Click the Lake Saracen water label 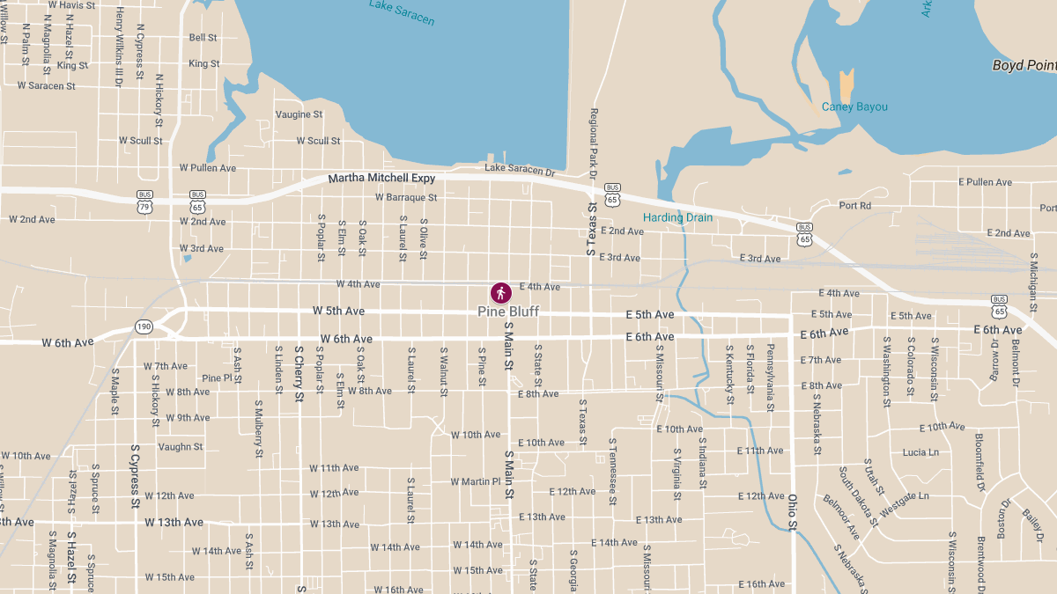402,12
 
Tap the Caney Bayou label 854,106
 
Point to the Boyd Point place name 1024,65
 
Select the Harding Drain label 677,217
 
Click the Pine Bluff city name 508,312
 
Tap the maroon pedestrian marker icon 501,292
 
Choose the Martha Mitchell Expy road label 381,179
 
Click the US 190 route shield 144,326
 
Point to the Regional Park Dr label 594,145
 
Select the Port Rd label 854,206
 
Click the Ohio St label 792,513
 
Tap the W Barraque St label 406,198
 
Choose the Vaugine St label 299,114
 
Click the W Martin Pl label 475,481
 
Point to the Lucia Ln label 920,452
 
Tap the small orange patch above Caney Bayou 846,85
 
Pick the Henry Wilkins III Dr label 119,46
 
